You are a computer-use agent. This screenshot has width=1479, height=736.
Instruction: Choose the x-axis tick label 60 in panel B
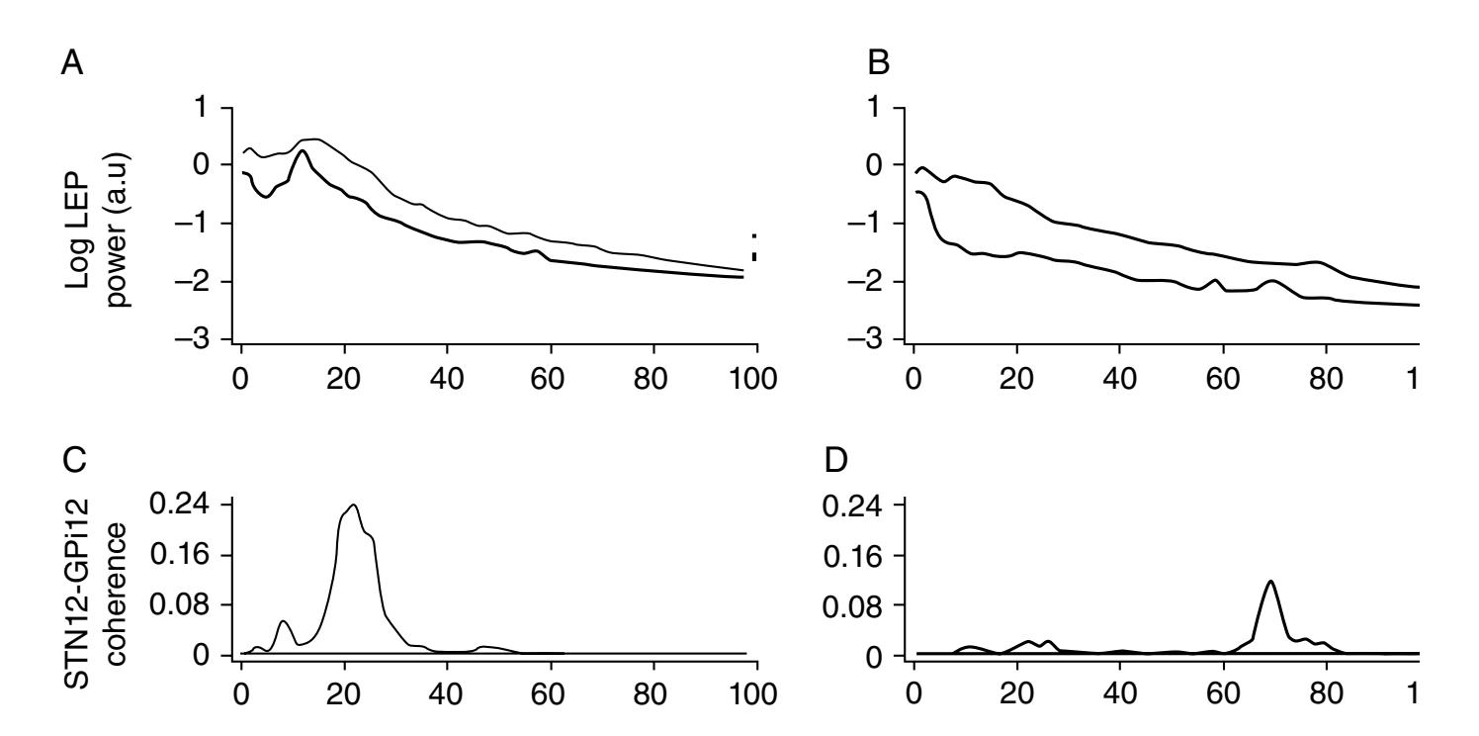pos(1222,379)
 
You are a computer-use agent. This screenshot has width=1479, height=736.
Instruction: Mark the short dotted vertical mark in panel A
pos(754,248)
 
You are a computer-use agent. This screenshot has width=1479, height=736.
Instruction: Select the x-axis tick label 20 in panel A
pos(344,379)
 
